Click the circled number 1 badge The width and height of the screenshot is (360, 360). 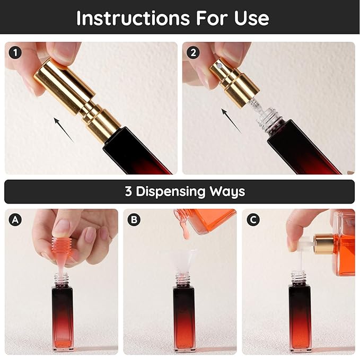click(x=15, y=52)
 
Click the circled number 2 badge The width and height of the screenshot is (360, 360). click(x=193, y=52)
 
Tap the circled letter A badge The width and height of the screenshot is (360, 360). click(x=15, y=219)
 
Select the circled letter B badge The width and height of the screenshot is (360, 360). click(x=134, y=219)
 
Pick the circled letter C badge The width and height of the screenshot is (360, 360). click(x=253, y=219)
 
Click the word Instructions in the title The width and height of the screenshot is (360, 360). click(x=133, y=18)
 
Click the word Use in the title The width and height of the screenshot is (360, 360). click(x=252, y=19)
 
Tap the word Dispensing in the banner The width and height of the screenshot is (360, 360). click(x=171, y=192)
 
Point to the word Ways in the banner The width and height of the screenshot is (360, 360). click(x=227, y=192)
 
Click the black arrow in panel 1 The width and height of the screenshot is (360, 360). click(x=64, y=130)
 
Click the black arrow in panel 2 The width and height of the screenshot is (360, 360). click(x=231, y=121)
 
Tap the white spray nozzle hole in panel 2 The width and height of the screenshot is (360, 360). click(x=219, y=66)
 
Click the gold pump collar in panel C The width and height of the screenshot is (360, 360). click(x=324, y=244)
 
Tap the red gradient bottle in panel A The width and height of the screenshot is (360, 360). click(x=63, y=317)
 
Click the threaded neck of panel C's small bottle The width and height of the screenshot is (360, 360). click(x=298, y=277)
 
